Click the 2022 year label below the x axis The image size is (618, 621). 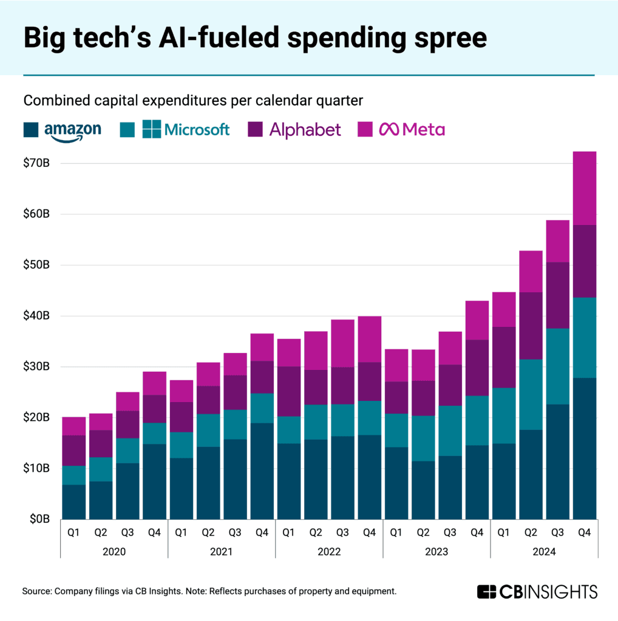pos(329,552)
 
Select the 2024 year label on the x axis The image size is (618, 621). pos(544,552)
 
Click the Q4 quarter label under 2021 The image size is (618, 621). pos(262,532)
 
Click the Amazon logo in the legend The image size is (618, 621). pos(72,130)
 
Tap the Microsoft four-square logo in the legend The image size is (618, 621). pos(152,129)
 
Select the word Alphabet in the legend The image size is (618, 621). pos(305,129)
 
